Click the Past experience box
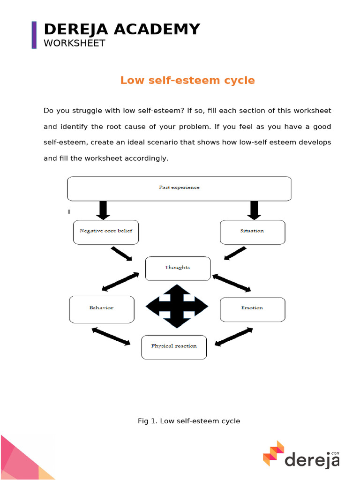pos(179,188)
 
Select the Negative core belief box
pos(106,232)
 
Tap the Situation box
pos(252,232)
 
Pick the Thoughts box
pos(178,268)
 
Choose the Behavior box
pos(102,309)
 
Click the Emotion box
pos(252,309)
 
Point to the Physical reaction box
pos(174,347)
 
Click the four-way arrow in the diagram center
pos(177,306)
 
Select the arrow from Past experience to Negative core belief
pos(104,210)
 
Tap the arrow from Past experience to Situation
pos(254,210)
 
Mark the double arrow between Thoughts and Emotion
pos(232,283)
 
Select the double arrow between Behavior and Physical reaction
pos(111,337)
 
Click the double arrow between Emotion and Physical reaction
pos(233,337)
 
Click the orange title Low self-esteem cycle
pos(187,80)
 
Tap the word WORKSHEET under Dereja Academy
pos(75,43)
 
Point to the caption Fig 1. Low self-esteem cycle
pos(189,421)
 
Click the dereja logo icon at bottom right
pos(273,453)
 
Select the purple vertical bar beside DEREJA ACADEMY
pos(34,35)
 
